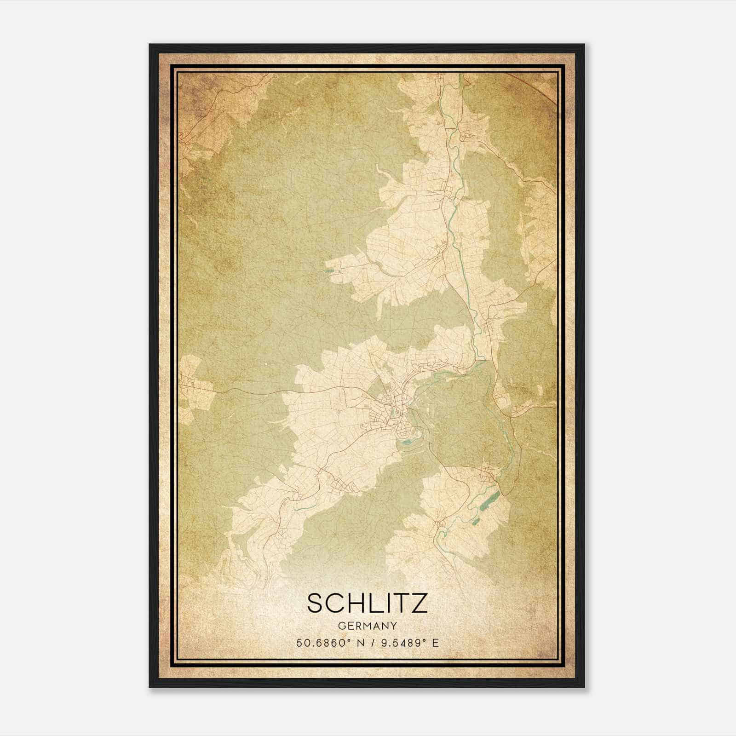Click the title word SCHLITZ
[x=367, y=604]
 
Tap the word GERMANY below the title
[x=367, y=626]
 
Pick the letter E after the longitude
[x=435, y=643]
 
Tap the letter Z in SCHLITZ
[x=419, y=604]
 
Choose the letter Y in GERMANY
[x=394, y=626]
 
